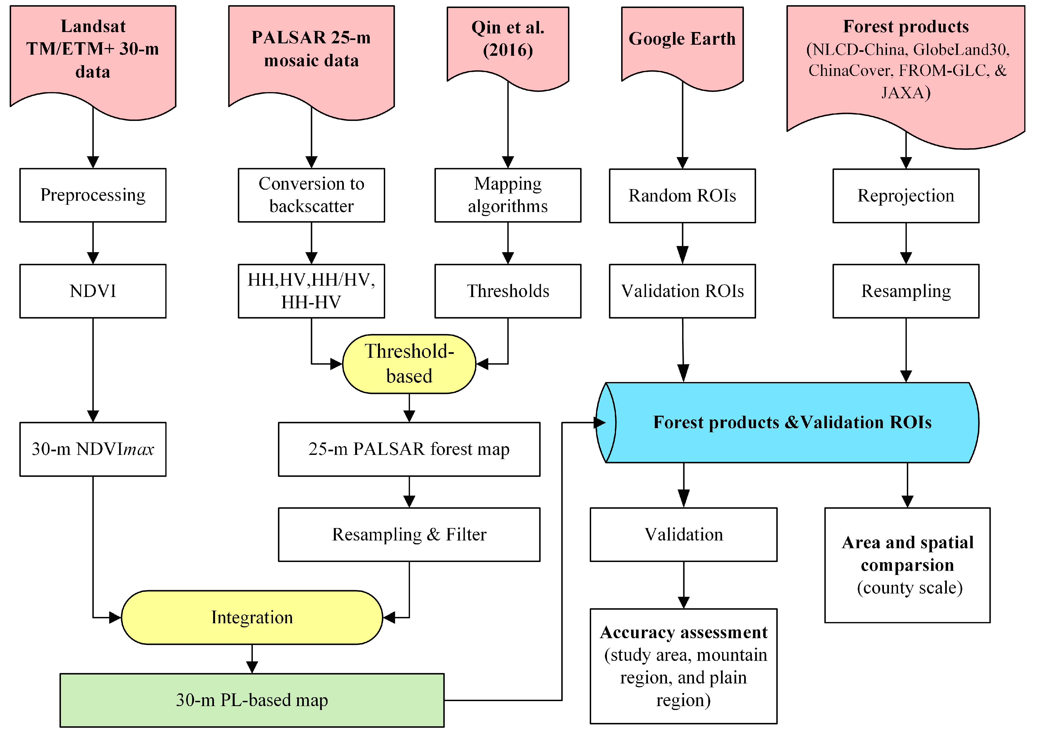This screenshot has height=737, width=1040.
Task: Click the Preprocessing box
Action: point(93,195)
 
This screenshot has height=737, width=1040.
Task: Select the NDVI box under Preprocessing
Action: point(93,291)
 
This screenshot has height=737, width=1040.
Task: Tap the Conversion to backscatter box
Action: point(312,195)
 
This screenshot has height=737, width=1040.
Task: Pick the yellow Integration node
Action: point(252,618)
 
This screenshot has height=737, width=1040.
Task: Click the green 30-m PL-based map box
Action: point(252,700)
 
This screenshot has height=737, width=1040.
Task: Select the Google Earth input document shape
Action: point(682,43)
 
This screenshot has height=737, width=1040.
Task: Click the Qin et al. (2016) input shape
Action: point(508,43)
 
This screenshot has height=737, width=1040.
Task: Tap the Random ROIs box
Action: point(682,196)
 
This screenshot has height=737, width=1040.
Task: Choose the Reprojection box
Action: point(906,196)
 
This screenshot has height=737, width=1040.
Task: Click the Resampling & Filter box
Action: point(409,535)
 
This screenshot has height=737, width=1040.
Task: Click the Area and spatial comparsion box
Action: point(907,565)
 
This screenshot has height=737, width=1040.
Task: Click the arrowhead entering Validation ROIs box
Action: point(683,256)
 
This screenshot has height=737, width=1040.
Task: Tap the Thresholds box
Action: point(508,291)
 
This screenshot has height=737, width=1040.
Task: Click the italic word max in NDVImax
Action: point(139,450)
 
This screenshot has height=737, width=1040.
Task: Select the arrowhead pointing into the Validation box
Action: point(684,499)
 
